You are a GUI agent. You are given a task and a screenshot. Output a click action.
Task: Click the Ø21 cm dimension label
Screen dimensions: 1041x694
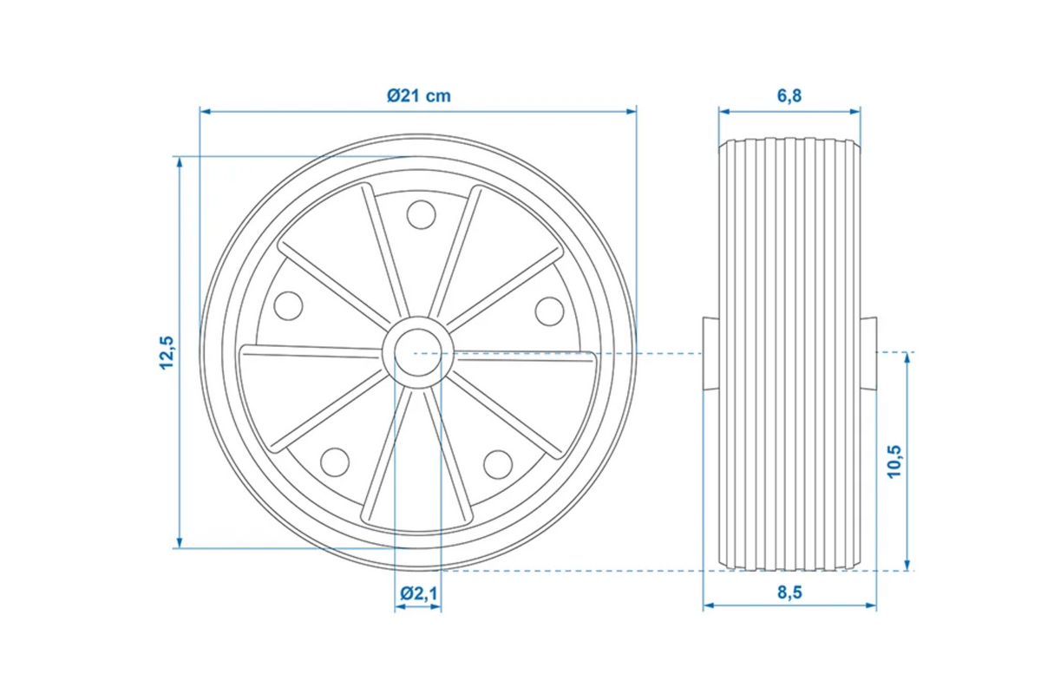(x=419, y=95)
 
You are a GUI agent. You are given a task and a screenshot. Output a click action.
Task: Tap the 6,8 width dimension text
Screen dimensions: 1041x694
(x=789, y=95)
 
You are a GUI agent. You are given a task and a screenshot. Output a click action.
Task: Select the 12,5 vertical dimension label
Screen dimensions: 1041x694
(x=167, y=352)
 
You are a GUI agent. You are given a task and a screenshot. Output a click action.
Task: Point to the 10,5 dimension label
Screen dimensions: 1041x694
(x=894, y=462)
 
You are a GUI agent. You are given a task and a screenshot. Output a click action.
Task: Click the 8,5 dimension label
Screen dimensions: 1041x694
(x=789, y=593)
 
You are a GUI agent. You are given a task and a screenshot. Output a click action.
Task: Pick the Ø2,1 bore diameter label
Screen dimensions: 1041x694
(x=418, y=593)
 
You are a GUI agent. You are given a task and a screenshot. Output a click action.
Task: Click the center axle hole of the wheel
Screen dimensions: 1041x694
(x=417, y=352)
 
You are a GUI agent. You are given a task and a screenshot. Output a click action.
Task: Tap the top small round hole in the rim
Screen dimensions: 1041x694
(x=421, y=215)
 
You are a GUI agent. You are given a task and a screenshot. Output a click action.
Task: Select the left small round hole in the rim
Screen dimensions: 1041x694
(x=288, y=306)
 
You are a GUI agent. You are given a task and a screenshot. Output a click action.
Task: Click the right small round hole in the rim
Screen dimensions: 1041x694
(x=549, y=311)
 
